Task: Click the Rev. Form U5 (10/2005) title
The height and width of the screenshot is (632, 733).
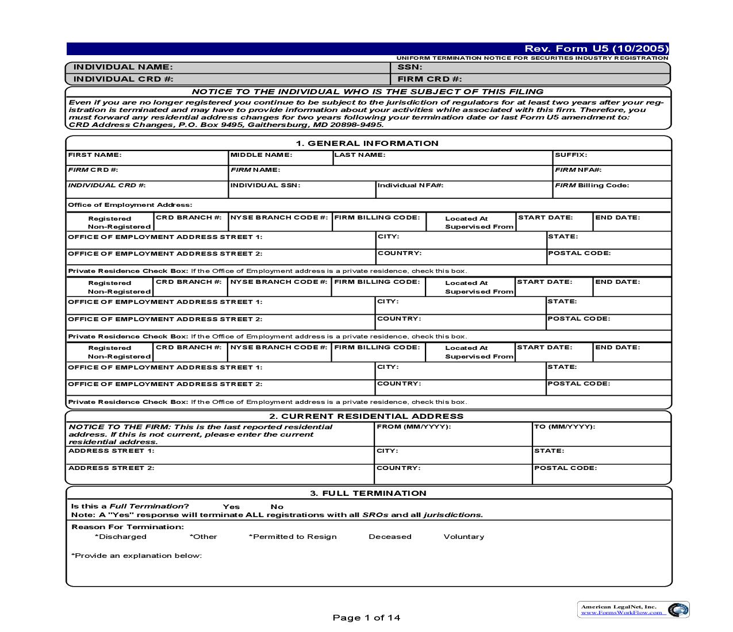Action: click(596, 49)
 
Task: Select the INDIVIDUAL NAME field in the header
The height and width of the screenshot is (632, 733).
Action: click(123, 67)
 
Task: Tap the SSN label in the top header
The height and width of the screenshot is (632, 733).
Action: click(410, 67)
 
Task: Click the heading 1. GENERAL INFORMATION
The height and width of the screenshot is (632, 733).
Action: click(367, 144)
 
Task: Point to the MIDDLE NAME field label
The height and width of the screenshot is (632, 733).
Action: click(261, 155)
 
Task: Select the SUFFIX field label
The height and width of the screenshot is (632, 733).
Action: click(570, 155)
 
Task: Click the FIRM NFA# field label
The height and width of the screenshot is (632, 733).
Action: click(578, 170)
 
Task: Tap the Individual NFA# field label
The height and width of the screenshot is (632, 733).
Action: click(410, 186)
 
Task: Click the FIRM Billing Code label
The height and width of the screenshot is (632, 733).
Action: click(592, 186)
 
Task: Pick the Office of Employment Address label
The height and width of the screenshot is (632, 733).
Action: click(130, 205)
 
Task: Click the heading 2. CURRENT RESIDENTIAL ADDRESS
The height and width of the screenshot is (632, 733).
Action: click(366, 417)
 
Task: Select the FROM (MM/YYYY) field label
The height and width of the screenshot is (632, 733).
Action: click(413, 427)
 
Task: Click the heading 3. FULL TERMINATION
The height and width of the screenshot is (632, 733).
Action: click(368, 494)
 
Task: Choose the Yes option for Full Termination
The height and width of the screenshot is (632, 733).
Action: click(231, 507)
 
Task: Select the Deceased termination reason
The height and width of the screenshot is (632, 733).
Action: click(390, 537)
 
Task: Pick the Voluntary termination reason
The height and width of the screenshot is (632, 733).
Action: click(463, 537)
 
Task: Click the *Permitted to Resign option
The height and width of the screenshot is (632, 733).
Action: click(293, 537)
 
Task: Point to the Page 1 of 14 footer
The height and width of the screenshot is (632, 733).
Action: click(366, 618)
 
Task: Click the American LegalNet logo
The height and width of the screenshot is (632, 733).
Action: click(633, 610)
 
